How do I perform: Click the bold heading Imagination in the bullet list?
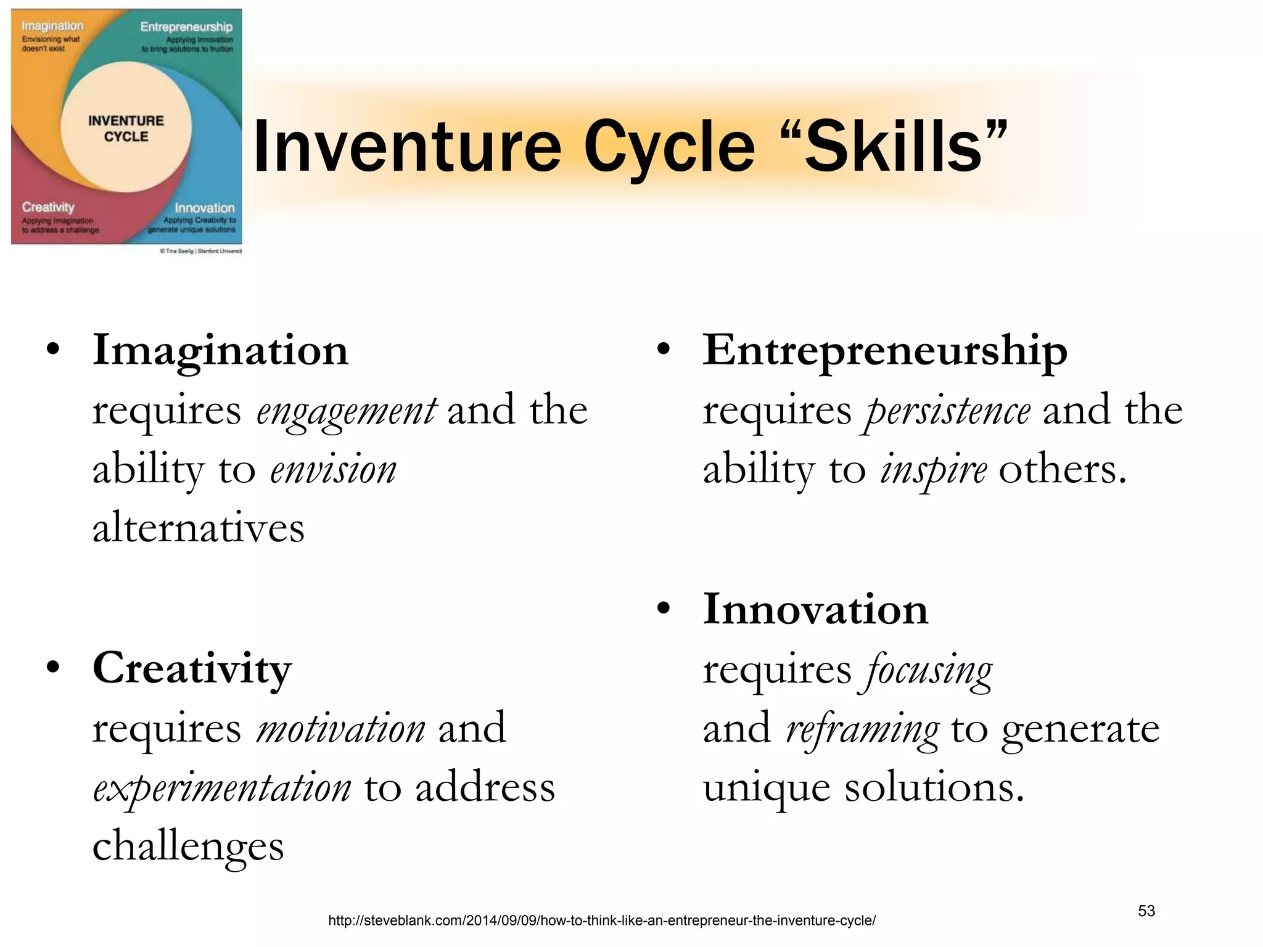click(220, 350)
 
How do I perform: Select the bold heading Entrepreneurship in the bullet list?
click(885, 350)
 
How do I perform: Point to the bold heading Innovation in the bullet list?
click(815, 609)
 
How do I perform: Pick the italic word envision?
click(333, 470)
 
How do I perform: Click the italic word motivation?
click(340, 728)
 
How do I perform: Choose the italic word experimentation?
click(222, 788)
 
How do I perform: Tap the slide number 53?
click(1146, 911)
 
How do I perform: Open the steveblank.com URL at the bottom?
click(601, 921)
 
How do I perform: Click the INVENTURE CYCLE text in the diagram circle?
click(126, 129)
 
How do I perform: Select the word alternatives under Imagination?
click(199, 528)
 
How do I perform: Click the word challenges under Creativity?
click(188, 846)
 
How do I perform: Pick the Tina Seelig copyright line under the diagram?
click(200, 252)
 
